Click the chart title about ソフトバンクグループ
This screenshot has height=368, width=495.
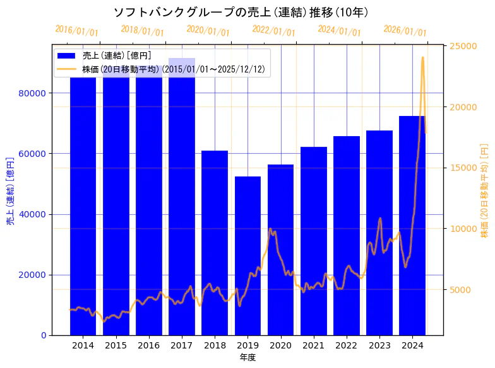(x=241, y=13)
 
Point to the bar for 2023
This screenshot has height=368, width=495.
(x=379, y=233)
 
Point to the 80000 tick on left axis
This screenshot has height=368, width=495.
(x=34, y=93)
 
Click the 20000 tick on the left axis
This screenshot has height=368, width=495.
(x=34, y=275)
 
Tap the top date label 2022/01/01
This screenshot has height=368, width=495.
(x=273, y=31)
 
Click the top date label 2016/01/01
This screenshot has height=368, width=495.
(x=76, y=31)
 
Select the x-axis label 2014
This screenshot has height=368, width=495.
(x=83, y=345)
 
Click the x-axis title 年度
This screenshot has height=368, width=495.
(x=247, y=357)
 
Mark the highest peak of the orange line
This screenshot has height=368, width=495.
(x=422, y=57)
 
